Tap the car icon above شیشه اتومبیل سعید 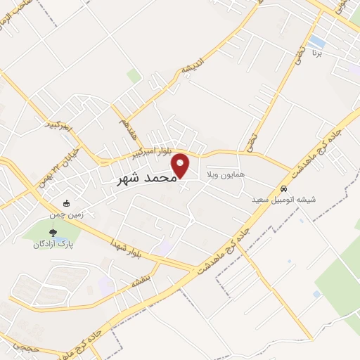click(x=283, y=189)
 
